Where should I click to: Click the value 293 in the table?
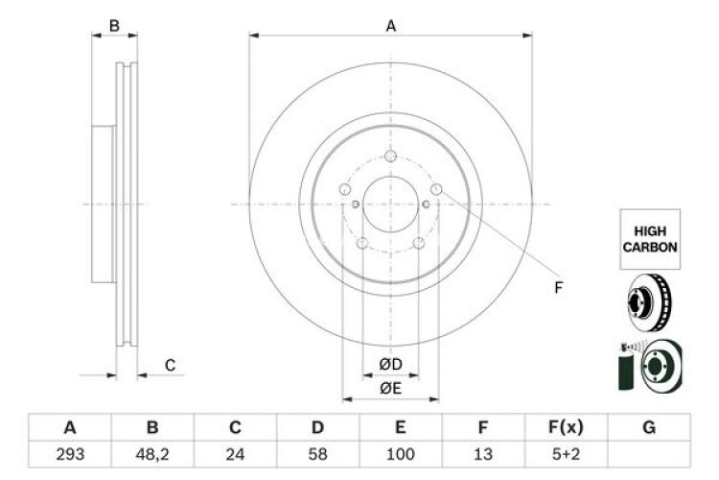tap(70, 452)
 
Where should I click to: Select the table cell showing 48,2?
tap(152, 452)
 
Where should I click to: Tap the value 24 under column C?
tap(235, 452)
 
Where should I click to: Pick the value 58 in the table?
tap(317, 452)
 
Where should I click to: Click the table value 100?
tap(400, 452)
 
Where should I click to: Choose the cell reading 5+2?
tap(566, 452)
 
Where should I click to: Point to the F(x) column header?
tap(566, 427)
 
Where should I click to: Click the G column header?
tap(648, 427)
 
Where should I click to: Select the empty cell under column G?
tap(648, 452)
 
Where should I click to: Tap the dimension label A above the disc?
tap(390, 26)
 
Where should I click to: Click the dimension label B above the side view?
tap(114, 26)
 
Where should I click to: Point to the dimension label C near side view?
tap(170, 365)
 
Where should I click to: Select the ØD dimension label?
tap(390, 364)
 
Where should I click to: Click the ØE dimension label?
tap(390, 388)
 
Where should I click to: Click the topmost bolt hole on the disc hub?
tap(389, 158)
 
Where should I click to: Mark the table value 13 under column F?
tap(483, 452)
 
